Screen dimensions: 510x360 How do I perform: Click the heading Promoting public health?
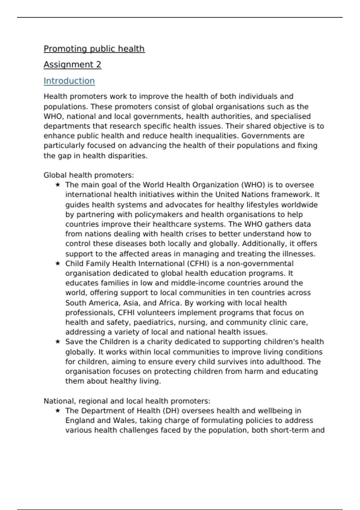(x=94, y=49)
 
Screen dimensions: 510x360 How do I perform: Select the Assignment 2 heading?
(x=72, y=64)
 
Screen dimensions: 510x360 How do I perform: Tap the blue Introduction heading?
(x=69, y=81)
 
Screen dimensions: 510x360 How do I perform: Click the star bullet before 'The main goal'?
(x=58, y=185)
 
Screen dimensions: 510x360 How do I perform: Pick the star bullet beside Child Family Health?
(x=58, y=263)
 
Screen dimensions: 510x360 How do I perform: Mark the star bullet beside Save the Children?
(x=58, y=342)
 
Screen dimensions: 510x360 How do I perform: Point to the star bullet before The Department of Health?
(x=58, y=411)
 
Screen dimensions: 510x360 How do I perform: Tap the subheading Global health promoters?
(x=89, y=175)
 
